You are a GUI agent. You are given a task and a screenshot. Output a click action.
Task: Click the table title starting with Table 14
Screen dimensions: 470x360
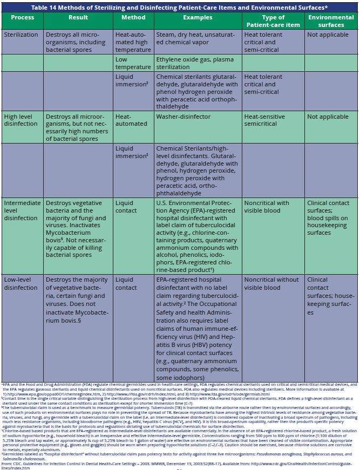coord(180,8)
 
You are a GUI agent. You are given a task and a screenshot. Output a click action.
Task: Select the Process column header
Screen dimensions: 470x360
coord(23,17)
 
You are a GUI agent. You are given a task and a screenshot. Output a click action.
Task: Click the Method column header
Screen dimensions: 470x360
coord(133,17)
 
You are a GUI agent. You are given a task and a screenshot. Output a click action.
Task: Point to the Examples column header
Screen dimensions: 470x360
coord(197,17)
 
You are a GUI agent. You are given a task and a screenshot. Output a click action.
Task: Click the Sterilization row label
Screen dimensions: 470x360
coord(21,35)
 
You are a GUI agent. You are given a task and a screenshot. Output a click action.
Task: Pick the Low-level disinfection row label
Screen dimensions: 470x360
coord(21,284)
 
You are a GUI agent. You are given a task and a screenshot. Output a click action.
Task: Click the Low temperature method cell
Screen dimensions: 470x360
coord(129,63)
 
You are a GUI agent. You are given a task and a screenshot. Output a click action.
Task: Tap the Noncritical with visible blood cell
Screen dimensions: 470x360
coord(267,207)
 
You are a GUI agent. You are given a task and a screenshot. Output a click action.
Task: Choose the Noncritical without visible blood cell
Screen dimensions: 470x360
coord(270,284)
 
